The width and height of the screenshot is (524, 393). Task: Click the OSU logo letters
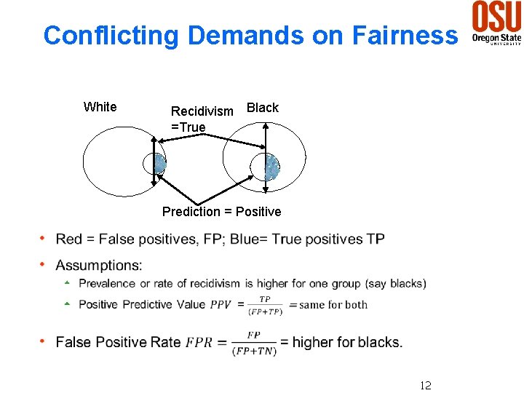(x=496, y=16)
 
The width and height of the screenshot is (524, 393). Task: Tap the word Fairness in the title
(x=405, y=35)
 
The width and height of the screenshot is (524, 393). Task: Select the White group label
(x=100, y=107)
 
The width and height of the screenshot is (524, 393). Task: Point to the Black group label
(x=263, y=108)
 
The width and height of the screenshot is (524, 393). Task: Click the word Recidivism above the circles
(x=202, y=111)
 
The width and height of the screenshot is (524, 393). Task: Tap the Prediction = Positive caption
(x=221, y=212)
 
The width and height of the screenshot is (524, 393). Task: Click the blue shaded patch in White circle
(x=160, y=164)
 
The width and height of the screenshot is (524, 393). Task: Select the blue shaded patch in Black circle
(x=272, y=167)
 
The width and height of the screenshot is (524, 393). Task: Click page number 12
(x=425, y=385)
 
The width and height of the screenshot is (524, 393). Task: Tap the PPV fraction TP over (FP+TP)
(x=265, y=305)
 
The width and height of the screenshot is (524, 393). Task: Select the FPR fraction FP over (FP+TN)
(x=253, y=343)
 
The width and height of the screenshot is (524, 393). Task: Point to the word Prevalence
(x=107, y=284)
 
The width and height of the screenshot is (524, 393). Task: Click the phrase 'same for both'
(x=333, y=305)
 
